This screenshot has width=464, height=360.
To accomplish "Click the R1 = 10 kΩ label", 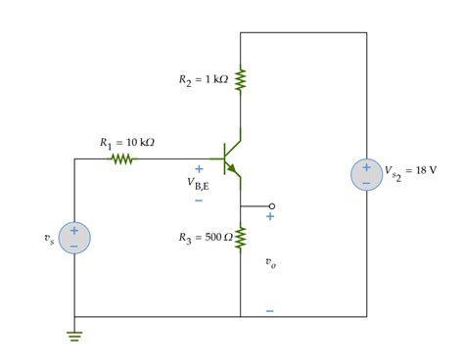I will coord(127,143).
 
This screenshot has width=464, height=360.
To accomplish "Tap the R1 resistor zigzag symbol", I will coord(121,157).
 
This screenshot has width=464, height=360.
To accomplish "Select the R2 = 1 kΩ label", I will coord(203,79).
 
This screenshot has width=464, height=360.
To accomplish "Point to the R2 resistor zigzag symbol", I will coord(240,79).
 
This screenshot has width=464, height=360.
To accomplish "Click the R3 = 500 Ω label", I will coord(206,237).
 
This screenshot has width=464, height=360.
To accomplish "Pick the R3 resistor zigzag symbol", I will coord(240,236).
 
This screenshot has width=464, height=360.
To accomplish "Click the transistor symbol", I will coord(232,157).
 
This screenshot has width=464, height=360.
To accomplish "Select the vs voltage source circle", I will coord(73,238).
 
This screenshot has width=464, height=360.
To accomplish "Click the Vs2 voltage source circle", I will coord(366,175).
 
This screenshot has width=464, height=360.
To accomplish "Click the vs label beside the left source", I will coord(50,240).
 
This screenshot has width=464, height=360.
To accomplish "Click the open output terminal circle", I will coord(272,206).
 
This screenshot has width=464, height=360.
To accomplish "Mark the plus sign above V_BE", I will coord(199,168).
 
